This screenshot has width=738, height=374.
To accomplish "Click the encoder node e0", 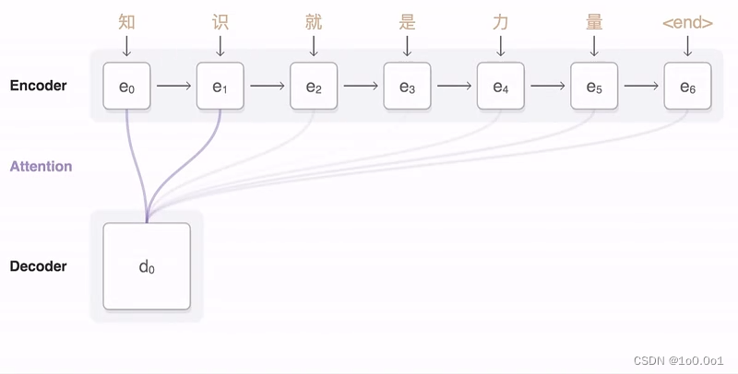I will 126,87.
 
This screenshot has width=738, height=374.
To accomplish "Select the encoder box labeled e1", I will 220,87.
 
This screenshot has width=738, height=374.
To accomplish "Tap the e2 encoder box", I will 314,87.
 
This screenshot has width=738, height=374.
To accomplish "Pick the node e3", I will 407,87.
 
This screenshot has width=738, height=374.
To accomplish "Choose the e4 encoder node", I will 500,87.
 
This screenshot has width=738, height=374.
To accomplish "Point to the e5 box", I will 594,87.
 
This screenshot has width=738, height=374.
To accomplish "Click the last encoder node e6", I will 687,87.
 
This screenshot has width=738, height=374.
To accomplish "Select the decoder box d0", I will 147,266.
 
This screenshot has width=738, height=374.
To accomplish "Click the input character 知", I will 126,22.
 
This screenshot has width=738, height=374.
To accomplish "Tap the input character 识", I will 220,22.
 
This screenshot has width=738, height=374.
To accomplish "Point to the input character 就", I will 314,22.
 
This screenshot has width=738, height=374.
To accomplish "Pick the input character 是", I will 407,22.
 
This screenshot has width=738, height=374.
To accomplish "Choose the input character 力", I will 500,22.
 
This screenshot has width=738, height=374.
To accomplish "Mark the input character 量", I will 594,22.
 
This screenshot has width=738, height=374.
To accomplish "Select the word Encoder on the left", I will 38,86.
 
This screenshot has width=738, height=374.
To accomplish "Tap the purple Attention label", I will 41,167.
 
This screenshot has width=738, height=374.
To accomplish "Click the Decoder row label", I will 38,266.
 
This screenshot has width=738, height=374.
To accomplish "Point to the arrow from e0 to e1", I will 173,87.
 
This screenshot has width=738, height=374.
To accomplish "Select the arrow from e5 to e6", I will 640,87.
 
